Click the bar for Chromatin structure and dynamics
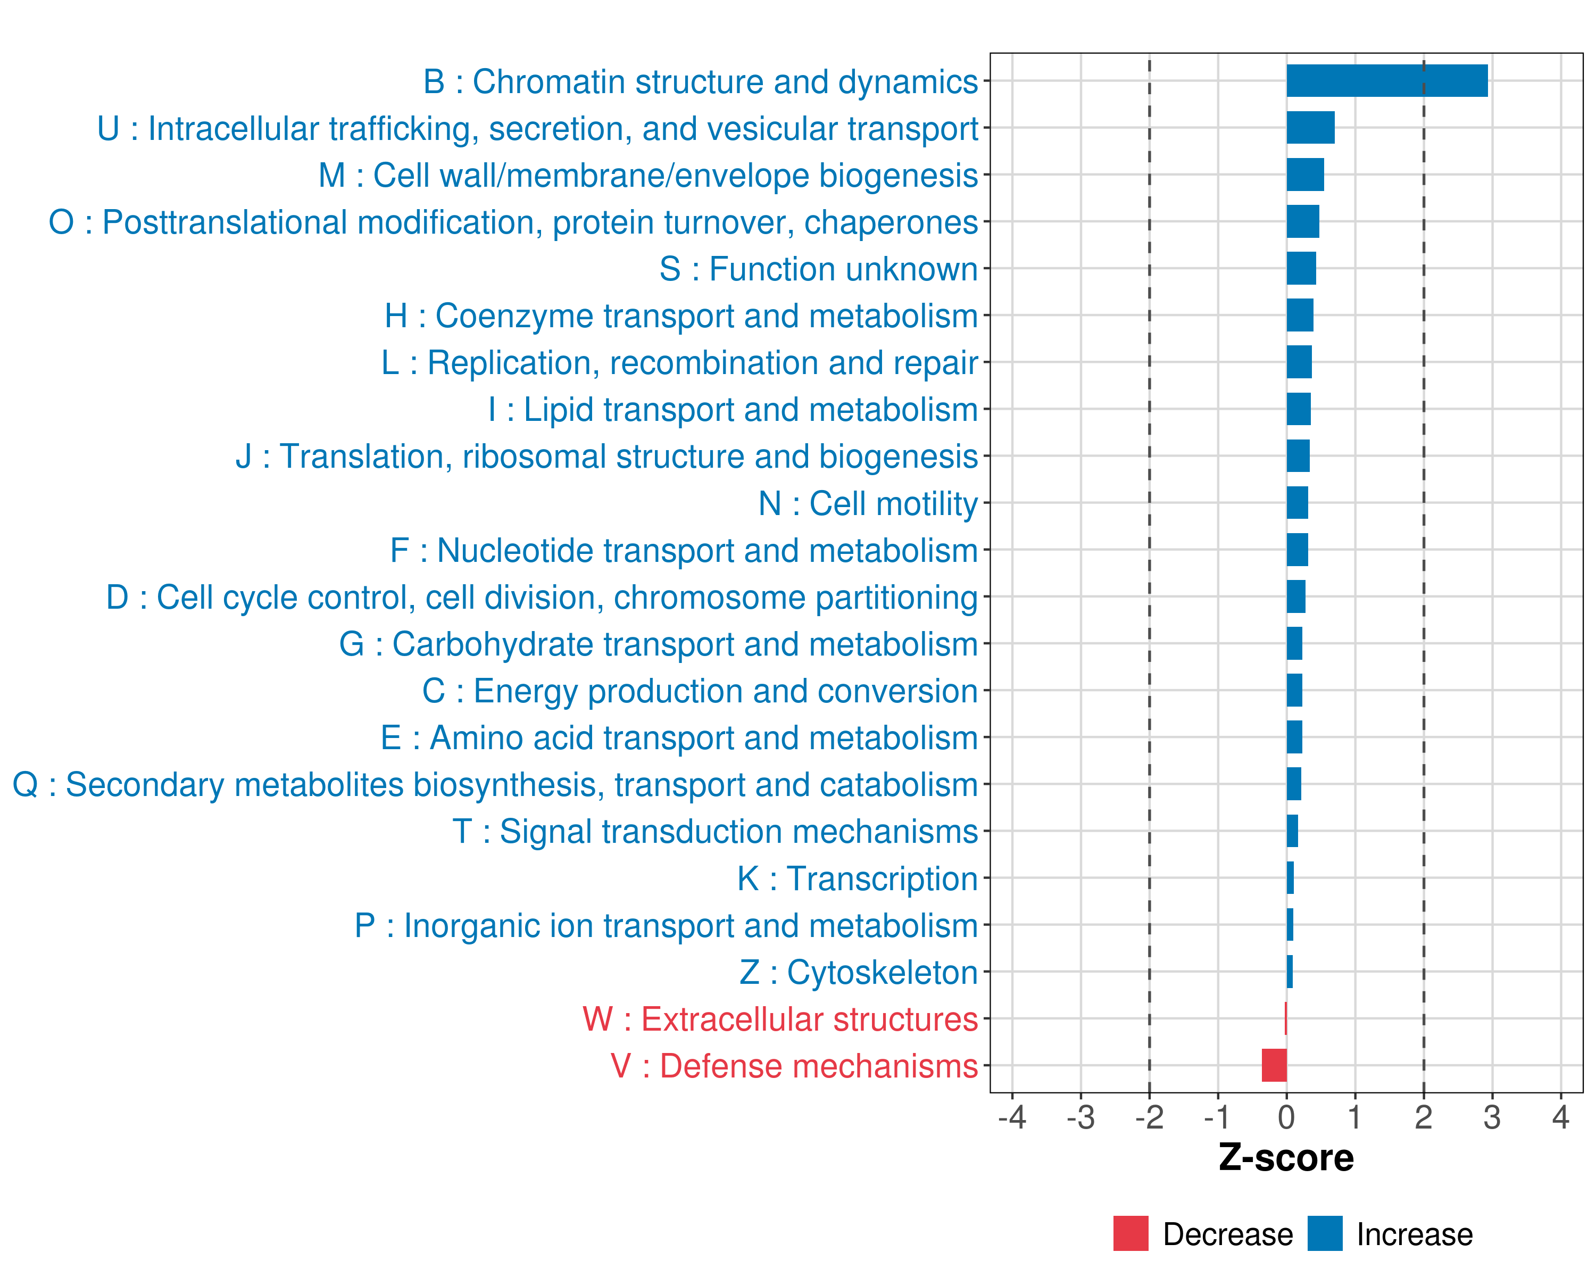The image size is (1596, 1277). tap(1386, 81)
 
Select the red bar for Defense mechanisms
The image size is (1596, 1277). tap(1274, 1065)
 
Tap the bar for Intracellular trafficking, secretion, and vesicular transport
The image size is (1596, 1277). tap(1310, 127)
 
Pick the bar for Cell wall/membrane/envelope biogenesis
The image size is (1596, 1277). tap(1305, 175)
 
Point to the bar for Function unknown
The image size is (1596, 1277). tap(1301, 268)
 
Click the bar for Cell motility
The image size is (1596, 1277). tap(1297, 503)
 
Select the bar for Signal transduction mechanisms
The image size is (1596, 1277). tap(1292, 831)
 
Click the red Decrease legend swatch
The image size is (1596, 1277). tap(1130, 1233)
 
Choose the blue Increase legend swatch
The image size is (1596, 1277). tap(1324, 1233)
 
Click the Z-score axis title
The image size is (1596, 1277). tap(1286, 1158)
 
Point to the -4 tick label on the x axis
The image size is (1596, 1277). tap(1012, 1117)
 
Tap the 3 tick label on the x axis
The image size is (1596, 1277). tap(1492, 1117)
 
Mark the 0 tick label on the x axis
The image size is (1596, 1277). tap(1286, 1117)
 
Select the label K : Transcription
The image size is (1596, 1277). tap(857, 878)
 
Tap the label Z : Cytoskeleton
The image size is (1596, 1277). tap(858, 972)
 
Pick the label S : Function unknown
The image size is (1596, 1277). tap(818, 269)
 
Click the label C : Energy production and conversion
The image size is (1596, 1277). tap(700, 691)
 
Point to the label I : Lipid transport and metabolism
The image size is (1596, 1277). tap(733, 409)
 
